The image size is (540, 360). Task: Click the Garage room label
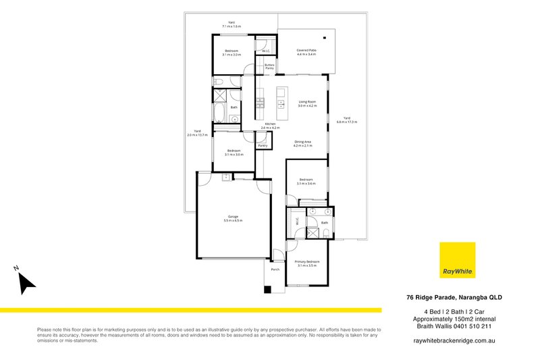[233, 216]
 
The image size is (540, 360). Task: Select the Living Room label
[307, 101]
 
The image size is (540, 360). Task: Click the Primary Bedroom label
[307, 261]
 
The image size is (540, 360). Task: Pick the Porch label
[275, 269]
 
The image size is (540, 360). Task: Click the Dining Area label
[302, 141]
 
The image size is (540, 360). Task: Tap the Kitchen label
[270, 124]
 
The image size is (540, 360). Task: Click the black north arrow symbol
[26, 281]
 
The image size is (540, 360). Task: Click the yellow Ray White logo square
[457, 259]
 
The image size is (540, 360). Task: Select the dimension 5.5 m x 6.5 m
[233, 220]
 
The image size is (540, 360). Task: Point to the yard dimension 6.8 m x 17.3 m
[346, 122]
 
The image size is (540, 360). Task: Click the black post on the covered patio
[324, 37]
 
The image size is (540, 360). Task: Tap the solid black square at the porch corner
[267, 290]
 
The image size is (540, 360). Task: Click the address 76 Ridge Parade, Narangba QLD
[454, 297]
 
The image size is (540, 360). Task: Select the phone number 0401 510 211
[477, 326]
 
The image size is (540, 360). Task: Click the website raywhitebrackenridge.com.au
[454, 342]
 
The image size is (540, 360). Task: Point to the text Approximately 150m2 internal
[454, 318]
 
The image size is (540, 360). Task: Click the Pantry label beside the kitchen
[263, 145]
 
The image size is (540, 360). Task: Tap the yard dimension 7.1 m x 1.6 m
[231, 26]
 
